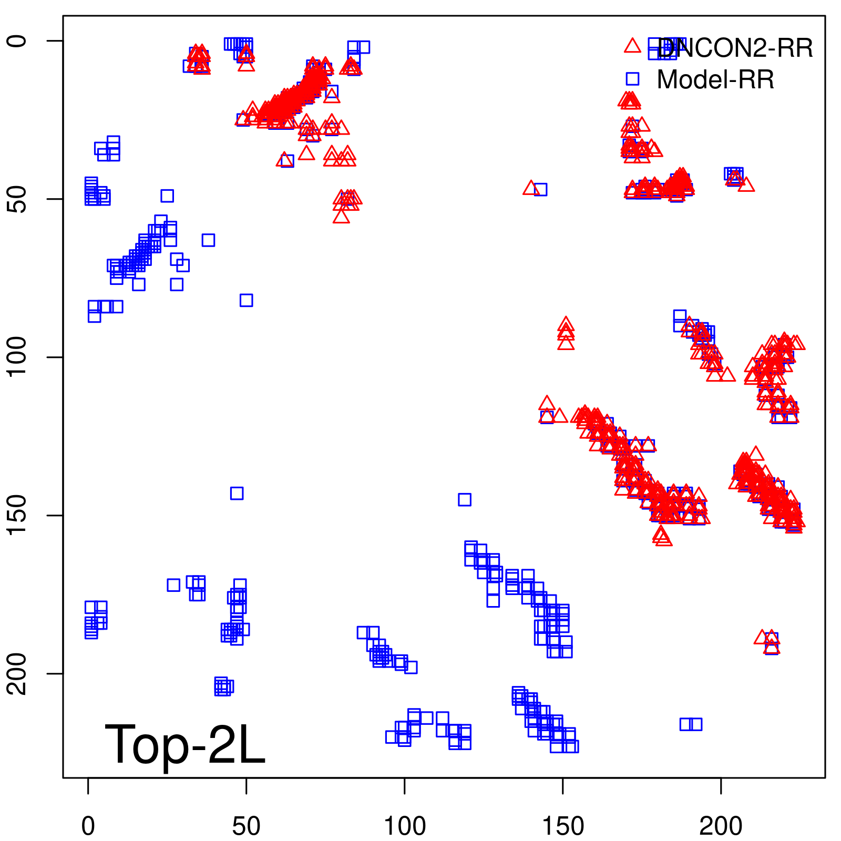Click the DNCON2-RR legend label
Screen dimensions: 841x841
[735, 48]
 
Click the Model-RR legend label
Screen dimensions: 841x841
[715, 80]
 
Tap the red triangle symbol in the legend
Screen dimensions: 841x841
[632, 46]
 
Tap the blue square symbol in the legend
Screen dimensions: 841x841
[632, 79]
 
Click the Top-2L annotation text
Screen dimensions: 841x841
[185, 744]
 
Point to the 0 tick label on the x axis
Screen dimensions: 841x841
[88, 826]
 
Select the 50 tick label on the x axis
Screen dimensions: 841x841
[246, 826]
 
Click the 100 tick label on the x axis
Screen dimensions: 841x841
[405, 826]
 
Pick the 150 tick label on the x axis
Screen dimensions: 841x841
[563, 826]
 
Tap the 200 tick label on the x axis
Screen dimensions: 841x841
[721, 826]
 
